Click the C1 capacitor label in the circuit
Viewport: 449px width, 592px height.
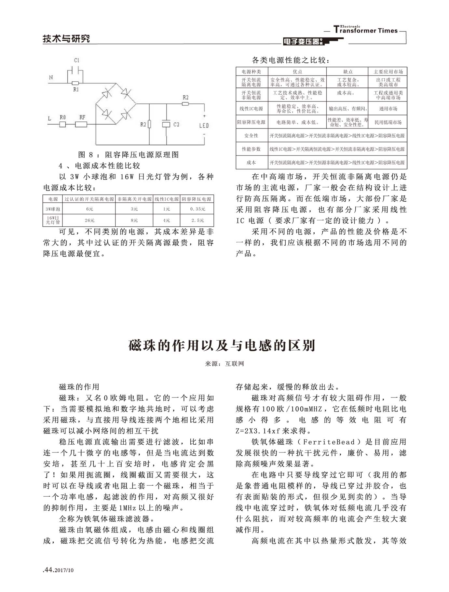(x=77, y=60)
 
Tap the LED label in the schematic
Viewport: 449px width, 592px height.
(x=204, y=125)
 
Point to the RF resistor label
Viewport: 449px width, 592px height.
(x=82, y=117)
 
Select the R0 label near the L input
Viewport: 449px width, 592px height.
(x=63, y=117)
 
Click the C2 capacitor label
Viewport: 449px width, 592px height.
(x=176, y=124)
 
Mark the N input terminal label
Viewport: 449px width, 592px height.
(x=51, y=77)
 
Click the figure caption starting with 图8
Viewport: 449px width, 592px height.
(x=129, y=155)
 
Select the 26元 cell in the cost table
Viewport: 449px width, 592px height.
(x=89, y=220)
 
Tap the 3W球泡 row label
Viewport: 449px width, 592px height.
(x=53, y=209)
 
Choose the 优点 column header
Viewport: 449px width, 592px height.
(x=297, y=72)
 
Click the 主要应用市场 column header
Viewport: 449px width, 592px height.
(x=388, y=72)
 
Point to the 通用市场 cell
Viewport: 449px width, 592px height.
(x=388, y=109)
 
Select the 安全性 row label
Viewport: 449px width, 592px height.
(x=252, y=136)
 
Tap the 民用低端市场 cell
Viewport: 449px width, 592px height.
(x=388, y=122)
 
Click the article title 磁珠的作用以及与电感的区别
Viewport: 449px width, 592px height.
(x=222, y=345)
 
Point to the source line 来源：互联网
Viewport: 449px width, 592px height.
(x=224, y=364)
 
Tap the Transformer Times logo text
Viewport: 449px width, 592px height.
(x=366, y=30)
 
